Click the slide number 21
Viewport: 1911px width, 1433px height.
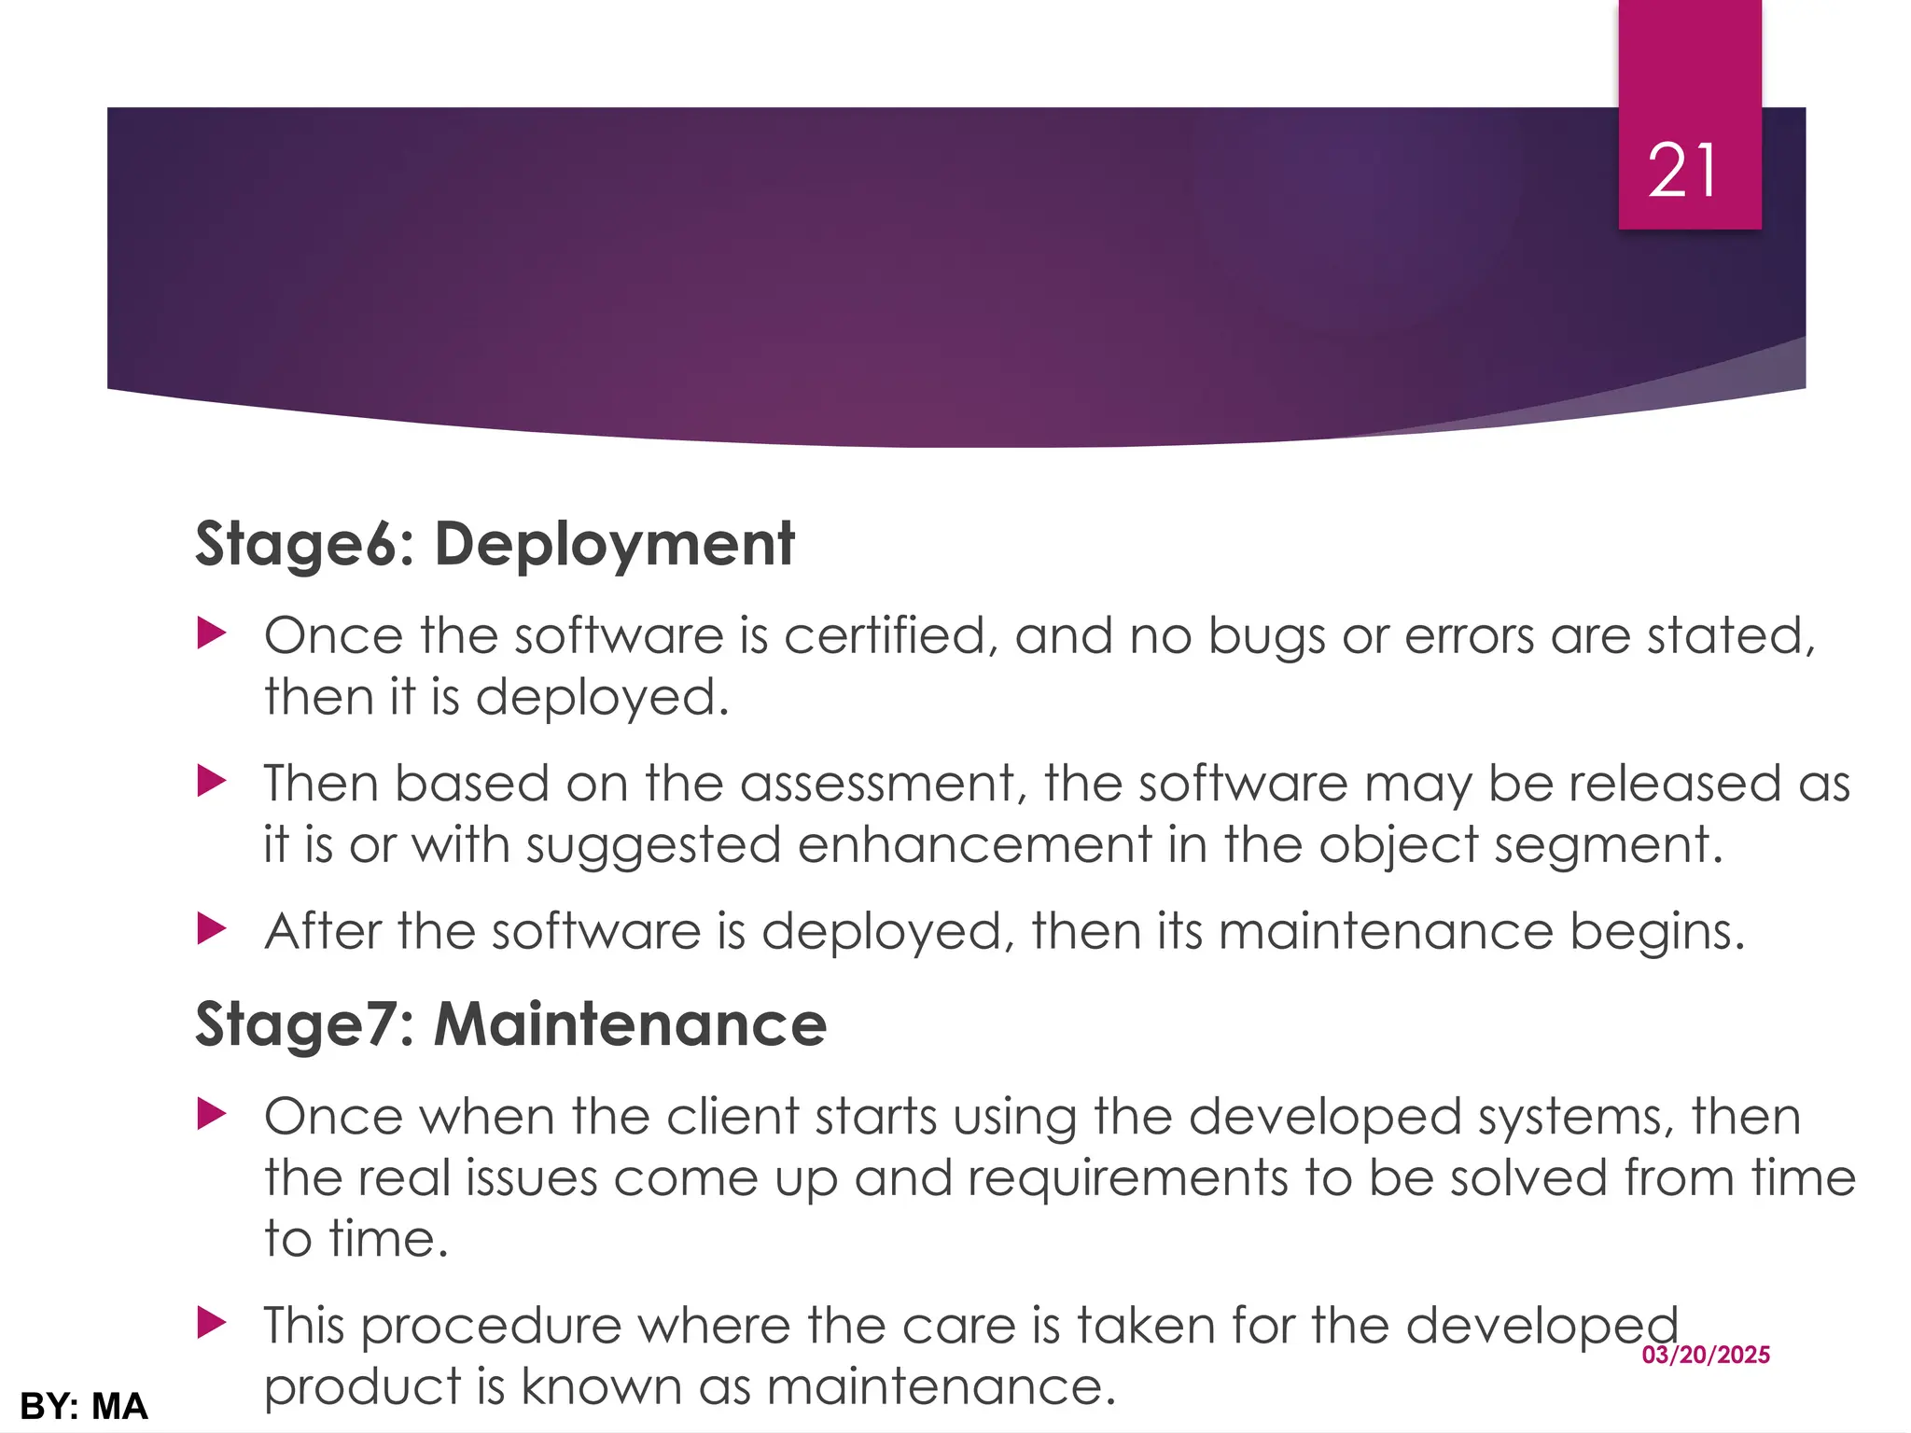pos(1681,171)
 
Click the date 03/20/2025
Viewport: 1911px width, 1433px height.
pos(1706,1355)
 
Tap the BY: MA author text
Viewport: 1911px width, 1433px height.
pos(84,1406)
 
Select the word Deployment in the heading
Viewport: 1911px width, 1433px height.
pos(614,545)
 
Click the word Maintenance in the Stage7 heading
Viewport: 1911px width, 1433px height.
pos(630,1024)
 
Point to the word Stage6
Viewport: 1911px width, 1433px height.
pos(297,545)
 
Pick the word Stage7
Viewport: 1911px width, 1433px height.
pos(297,1024)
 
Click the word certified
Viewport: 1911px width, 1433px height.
pos(885,636)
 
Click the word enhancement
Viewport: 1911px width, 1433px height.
pos(975,845)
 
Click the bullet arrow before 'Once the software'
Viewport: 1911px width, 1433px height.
pos(212,635)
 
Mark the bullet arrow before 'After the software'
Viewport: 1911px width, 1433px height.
pos(212,929)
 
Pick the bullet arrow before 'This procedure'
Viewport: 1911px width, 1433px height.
pos(212,1323)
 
